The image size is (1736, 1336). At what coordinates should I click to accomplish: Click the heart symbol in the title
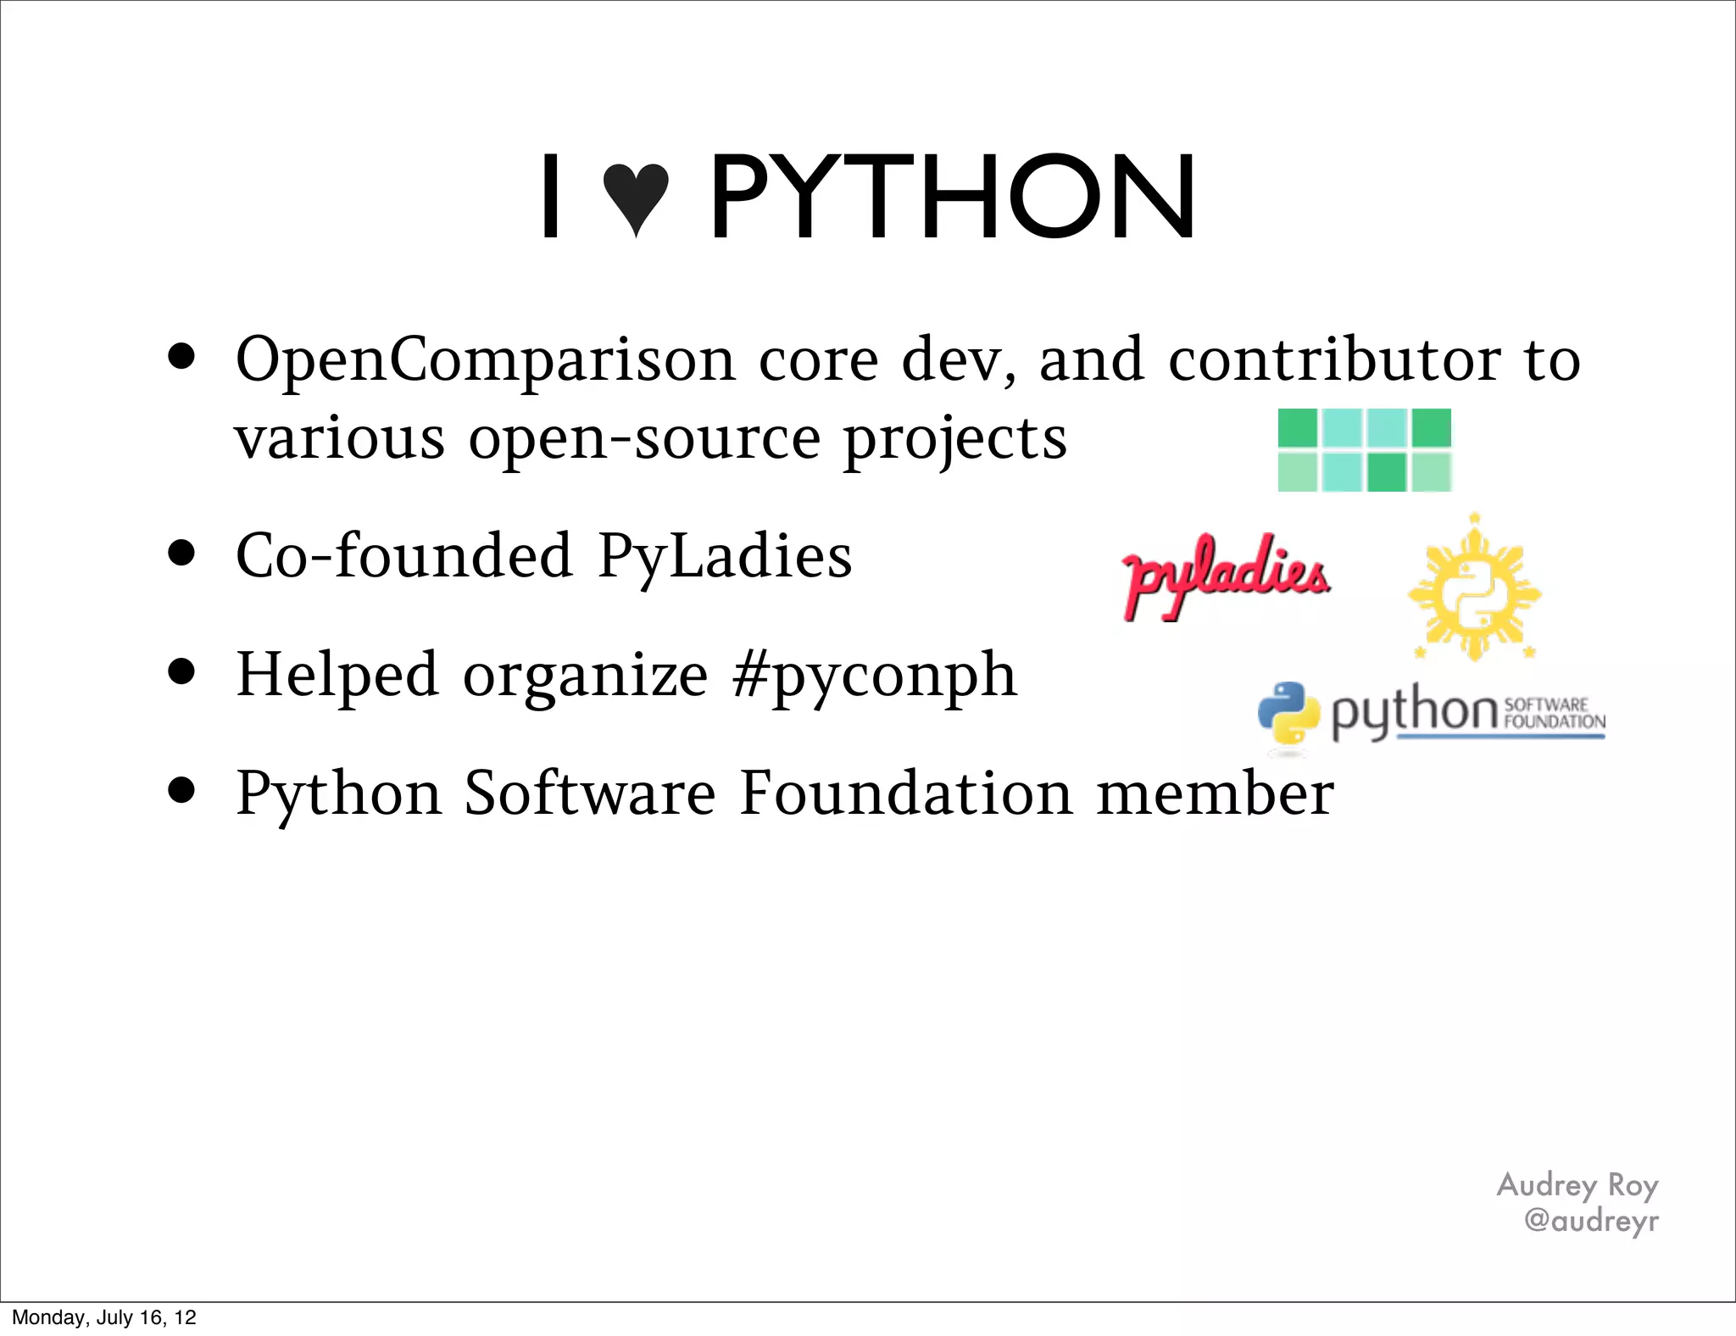coord(636,198)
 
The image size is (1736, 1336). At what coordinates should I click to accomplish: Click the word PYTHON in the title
coord(951,197)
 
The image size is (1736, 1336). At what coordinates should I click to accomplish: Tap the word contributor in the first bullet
coord(1334,359)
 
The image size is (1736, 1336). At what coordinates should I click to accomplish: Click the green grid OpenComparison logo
coord(1364,450)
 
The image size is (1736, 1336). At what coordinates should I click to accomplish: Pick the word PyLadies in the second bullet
coord(725,556)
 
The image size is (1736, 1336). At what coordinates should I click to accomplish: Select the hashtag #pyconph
coord(874,676)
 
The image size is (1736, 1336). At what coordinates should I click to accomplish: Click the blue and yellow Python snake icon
coord(1288,714)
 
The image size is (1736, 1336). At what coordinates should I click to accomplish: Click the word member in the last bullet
coord(1215,793)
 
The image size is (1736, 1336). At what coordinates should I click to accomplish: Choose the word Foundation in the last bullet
coord(905,793)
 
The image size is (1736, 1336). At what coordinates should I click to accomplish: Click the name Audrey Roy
coord(1577,1185)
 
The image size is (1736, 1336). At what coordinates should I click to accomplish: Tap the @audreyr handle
coord(1590,1221)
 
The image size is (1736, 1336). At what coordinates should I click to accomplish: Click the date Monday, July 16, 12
coord(104,1317)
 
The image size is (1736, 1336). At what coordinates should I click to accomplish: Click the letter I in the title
coord(551,197)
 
